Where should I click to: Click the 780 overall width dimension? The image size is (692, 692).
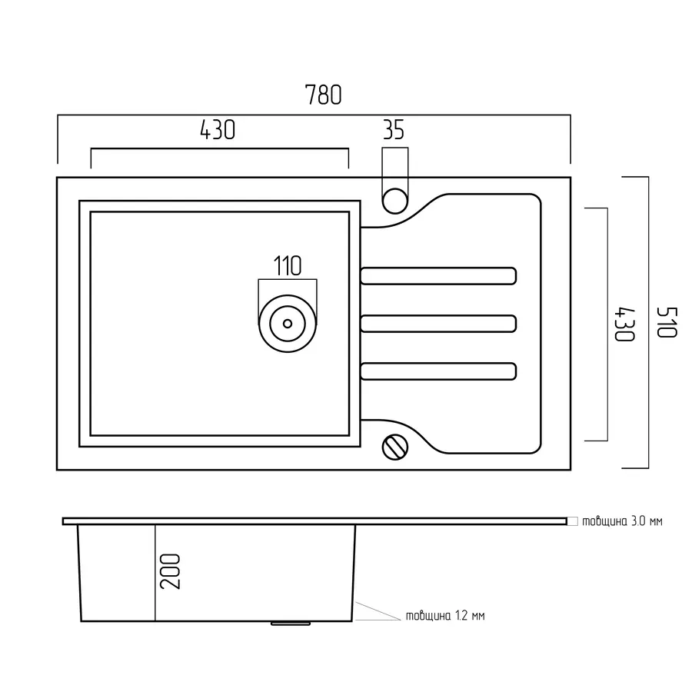click(x=322, y=95)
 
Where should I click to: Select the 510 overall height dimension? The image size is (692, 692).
click(x=666, y=322)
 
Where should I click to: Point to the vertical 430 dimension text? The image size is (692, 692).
click(x=624, y=324)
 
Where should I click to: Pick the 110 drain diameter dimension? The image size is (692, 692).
click(x=287, y=266)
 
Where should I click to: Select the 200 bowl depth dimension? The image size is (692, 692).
click(x=171, y=571)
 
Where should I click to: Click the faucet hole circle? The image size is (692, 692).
click(x=394, y=199)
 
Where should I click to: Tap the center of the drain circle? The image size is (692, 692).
click(x=288, y=323)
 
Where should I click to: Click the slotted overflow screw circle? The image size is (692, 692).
click(x=394, y=446)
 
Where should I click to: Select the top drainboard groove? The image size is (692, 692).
click(x=438, y=276)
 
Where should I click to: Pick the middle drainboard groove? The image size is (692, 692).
click(x=438, y=323)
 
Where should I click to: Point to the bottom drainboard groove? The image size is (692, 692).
click(x=438, y=371)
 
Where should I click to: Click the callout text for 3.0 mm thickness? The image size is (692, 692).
click(x=621, y=521)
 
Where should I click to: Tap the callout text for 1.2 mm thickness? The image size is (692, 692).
click(x=445, y=616)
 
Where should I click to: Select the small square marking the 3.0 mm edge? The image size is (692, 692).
click(x=572, y=521)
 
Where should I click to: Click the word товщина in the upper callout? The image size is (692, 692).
click(x=604, y=521)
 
